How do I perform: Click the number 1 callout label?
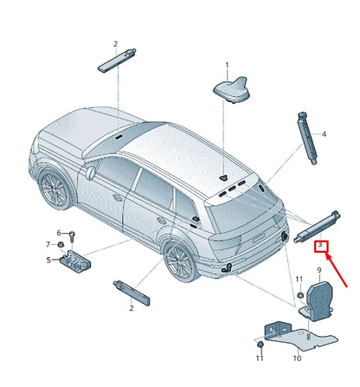(227, 65)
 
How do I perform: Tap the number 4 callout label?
(324, 134)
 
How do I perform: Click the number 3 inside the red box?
(320, 247)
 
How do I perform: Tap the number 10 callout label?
(297, 357)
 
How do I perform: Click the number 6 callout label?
(60, 233)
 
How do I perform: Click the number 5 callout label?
(48, 259)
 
